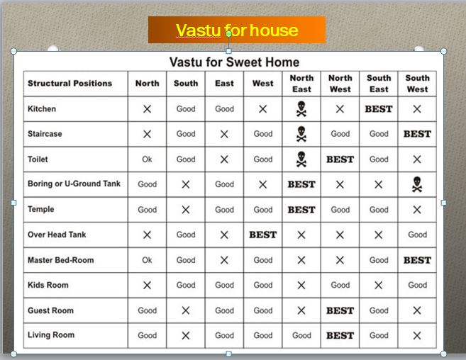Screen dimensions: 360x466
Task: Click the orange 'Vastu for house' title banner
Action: pyautogui.click(x=236, y=30)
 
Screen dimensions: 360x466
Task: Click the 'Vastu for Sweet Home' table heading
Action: pyautogui.click(x=234, y=62)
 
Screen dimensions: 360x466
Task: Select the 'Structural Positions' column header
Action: pyautogui.click(x=70, y=84)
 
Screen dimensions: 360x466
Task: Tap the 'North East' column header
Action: pyautogui.click(x=301, y=84)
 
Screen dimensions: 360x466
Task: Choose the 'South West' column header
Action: pyautogui.click(x=417, y=84)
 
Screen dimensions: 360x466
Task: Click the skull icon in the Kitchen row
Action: pyautogui.click(x=301, y=109)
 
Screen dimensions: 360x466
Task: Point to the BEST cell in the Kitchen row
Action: pyautogui.click(x=379, y=109)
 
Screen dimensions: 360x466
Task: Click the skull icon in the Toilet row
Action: pyautogui.click(x=301, y=159)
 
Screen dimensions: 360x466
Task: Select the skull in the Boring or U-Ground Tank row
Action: pyautogui.click(x=417, y=184)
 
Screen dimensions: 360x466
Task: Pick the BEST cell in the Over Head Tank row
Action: pyautogui.click(x=262, y=235)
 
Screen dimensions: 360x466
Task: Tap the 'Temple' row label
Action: pyautogui.click(x=41, y=210)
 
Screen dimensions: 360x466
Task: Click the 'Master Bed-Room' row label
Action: pyautogui.click(x=60, y=260)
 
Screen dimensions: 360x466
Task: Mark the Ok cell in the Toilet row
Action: pyautogui.click(x=147, y=159)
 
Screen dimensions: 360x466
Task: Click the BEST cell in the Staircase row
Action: pyautogui.click(x=417, y=134)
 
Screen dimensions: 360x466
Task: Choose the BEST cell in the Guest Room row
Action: pyautogui.click(x=340, y=310)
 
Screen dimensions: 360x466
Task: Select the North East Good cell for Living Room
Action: pyautogui.click(x=301, y=335)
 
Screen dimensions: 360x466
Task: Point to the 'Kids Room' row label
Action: pyautogui.click(x=48, y=285)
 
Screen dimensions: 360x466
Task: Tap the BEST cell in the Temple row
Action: pyautogui.click(x=301, y=210)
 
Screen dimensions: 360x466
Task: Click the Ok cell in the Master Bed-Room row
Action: pyautogui.click(x=147, y=260)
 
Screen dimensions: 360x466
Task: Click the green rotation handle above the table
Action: pyautogui.click(x=228, y=33)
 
